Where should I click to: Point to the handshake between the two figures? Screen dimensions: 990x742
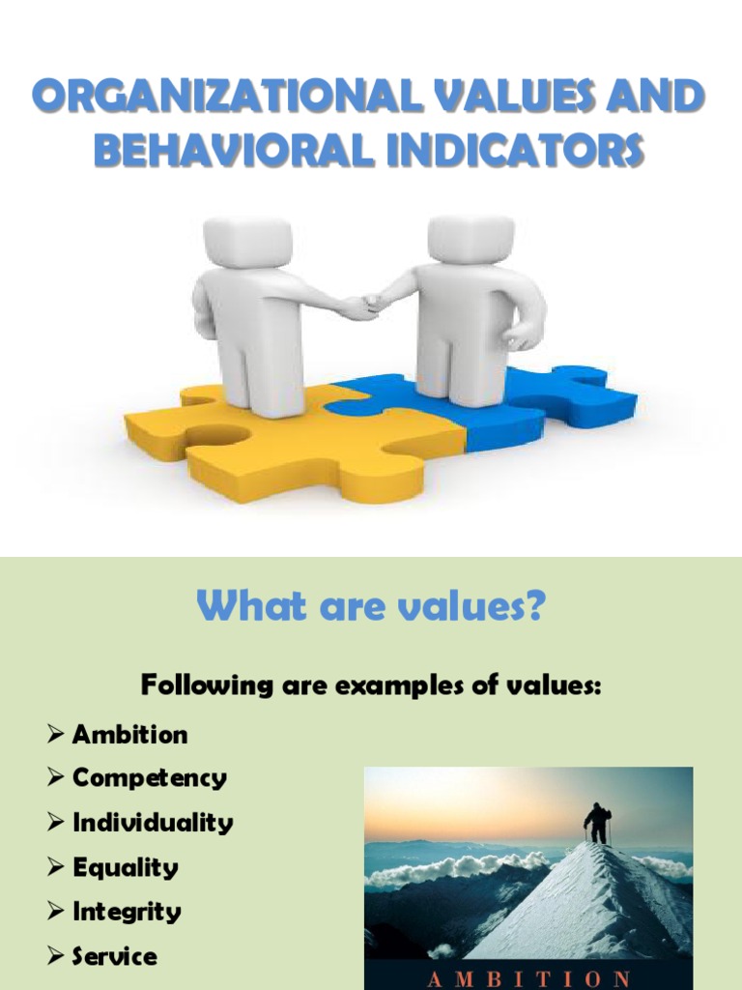(363, 306)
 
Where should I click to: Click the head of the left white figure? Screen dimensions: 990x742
(247, 241)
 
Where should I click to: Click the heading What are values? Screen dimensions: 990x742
(371, 609)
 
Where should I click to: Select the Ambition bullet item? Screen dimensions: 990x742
(129, 734)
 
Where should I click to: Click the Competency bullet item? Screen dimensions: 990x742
(149, 778)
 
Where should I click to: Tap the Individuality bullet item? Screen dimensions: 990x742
(153, 823)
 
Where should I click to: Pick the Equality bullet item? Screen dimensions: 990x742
(125, 867)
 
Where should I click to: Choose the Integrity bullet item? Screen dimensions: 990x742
(127, 912)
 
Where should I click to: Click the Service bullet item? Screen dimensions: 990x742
(114, 956)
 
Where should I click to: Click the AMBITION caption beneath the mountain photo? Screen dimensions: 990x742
(528, 976)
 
